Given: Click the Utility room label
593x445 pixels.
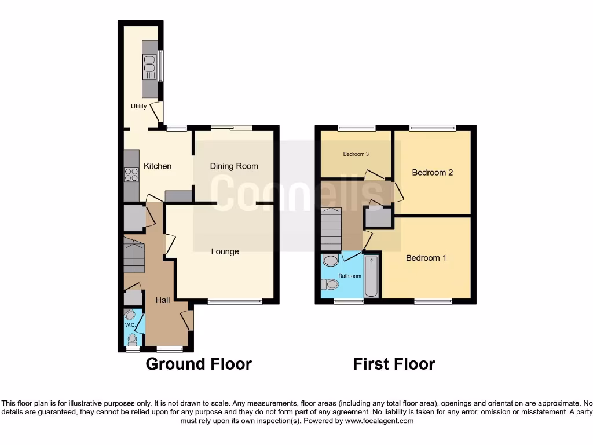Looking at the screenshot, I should (138, 106).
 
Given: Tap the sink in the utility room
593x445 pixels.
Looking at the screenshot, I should (149, 67).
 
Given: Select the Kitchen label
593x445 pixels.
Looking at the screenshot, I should (158, 166).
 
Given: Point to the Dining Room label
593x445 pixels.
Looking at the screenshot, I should (234, 166).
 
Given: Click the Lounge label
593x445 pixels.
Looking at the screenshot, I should (225, 251).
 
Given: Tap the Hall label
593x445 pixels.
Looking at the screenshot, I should (163, 300).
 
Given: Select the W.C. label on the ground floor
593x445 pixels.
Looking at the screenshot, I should (130, 325).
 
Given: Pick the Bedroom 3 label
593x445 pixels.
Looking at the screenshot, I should (356, 154).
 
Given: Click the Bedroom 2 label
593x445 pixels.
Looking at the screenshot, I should (432, 172).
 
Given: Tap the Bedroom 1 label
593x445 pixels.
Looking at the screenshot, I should (426, 258).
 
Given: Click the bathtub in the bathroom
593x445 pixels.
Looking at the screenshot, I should (372, 277).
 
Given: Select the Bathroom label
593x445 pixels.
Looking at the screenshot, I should (350, 276).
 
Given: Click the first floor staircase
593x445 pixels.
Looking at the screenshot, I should (331, 229).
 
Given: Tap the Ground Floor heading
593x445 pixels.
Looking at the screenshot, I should (198, 364).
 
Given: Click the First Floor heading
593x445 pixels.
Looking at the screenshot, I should (394, 364).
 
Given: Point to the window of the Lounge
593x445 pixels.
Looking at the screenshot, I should (235, 301).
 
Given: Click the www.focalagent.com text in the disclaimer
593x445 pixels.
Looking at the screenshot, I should (380, 421).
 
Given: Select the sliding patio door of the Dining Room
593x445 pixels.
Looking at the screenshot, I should (232, 127).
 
